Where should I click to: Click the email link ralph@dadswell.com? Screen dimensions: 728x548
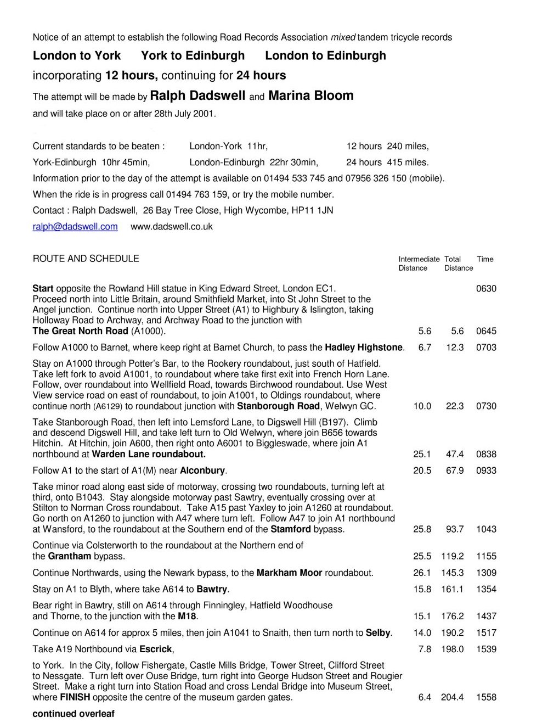[75, 226]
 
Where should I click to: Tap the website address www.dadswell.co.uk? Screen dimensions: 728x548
[171, 226]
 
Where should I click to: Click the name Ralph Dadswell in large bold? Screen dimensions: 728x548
[197, 96]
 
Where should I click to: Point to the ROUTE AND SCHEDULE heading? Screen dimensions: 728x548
[86, 259]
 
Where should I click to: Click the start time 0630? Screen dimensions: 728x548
[486, 289]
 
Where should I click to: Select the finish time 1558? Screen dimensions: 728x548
[486, 697]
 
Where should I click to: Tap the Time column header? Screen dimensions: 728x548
[485, 259]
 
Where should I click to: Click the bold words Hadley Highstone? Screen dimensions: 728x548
[364, 348]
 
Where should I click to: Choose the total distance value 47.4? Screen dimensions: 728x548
[455, 454]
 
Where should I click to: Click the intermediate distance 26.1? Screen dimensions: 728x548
[422, 573]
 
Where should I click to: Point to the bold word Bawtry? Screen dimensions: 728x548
[212, 589]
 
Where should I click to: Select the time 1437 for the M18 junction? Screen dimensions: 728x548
[486, 616]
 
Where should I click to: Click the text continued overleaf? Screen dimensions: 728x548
[74, 714]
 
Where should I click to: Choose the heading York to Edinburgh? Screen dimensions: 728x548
[193, 55]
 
